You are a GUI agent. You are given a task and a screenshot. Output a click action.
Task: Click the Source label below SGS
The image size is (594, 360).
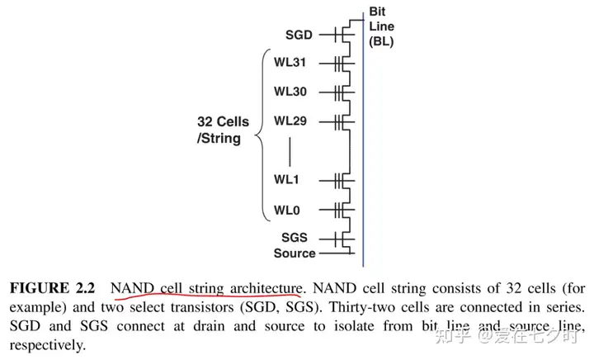point(295,253)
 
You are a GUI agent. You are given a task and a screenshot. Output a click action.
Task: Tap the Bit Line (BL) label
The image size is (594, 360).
point(381,26)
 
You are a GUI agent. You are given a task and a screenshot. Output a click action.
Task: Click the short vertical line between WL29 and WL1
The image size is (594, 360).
point(290,150)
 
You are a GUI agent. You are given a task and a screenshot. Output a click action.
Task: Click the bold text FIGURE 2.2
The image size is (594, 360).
point(51,288)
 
